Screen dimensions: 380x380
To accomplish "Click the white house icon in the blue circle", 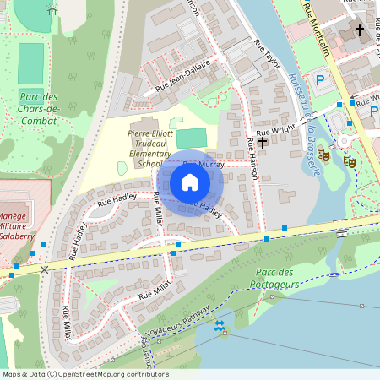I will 190,182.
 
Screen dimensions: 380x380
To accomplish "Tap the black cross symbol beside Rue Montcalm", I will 359,30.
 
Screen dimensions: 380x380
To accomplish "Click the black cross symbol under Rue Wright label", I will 263,143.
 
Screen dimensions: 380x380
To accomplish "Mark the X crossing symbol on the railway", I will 44,269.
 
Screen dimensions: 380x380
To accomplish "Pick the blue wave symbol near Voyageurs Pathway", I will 220,325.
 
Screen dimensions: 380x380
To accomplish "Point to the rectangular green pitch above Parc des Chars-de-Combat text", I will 30,64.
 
